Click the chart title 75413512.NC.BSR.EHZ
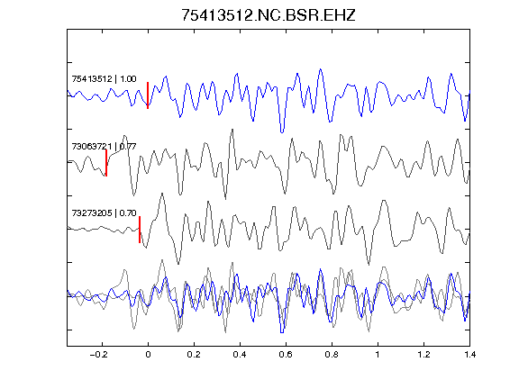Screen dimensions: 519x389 [x=269, y=15]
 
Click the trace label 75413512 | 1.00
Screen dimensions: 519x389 [x=104, y=79]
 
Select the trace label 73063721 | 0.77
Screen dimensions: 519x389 [x=104, y=146]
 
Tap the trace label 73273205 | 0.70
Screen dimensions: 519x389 [x=104, y=213]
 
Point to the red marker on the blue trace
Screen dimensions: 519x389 [x=148, y=95]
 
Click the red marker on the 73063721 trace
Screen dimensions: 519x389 [x=106, y=163]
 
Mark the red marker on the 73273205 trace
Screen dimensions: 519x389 [x=140, y=230]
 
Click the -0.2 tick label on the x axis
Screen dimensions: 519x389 [x=98, y=355]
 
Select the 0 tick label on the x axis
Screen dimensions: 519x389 [x=148, y=355]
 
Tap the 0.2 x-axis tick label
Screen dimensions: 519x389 [x=194, y=355]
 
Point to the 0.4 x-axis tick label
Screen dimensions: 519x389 [x=240, y=355]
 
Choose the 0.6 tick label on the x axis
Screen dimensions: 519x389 [x=286, y=355]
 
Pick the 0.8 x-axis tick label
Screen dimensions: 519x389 [x=332, y=355]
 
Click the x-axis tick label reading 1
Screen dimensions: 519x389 [x=378, y=355]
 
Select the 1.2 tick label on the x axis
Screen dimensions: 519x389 [x=423, y=355]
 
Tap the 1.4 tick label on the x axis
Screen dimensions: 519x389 [x=469, y=355]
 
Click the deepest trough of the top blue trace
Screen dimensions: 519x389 [x=282, y=132]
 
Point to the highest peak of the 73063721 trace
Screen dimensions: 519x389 [x=232, y=130]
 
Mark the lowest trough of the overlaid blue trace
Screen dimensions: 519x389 [x=282, y=332]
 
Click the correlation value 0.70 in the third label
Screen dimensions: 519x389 [x=128, y=213]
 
